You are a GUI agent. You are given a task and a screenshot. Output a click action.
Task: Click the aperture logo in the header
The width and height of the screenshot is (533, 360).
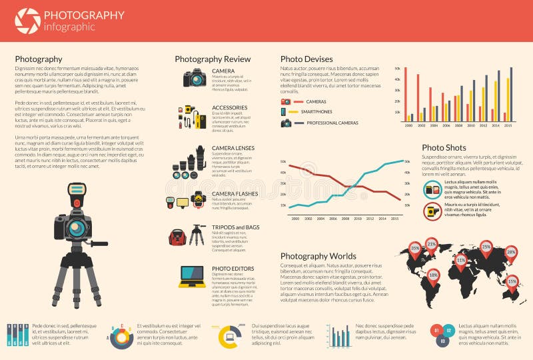point(27,21)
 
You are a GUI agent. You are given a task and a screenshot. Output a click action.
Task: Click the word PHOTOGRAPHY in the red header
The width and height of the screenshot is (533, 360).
point(84,15)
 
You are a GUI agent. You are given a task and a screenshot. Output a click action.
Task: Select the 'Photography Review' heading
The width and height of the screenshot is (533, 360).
point(213,59)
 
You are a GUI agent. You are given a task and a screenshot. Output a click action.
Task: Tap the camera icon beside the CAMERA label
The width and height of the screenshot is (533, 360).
point(195,78)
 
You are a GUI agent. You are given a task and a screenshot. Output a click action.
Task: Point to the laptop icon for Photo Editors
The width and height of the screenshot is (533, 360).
point(192,276)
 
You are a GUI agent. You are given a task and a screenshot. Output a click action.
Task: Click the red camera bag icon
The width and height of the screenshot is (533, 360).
point(177,237)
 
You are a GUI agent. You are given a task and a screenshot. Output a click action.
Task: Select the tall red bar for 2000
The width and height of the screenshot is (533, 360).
point(405,93)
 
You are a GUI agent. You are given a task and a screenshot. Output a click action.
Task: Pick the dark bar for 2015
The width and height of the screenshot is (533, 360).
point(511,93)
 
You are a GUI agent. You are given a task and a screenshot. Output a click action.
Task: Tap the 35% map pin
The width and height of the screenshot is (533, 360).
point(415,249)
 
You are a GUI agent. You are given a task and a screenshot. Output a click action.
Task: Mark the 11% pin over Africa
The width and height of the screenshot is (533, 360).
point(460,259)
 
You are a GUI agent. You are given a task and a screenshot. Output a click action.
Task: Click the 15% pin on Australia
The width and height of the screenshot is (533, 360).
point(512,281)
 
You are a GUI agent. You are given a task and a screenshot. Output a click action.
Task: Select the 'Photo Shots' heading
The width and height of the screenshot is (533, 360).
point(444,147)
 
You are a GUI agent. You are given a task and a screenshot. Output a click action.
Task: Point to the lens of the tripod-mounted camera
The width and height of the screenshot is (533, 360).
point(77,229)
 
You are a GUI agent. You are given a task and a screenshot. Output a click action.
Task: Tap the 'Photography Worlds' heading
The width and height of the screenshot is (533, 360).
point(318,256)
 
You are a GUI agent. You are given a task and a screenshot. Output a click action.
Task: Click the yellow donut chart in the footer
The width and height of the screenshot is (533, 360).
point(229,335)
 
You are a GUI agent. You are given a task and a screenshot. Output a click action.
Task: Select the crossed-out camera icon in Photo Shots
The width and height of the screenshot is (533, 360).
point(432,211)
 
